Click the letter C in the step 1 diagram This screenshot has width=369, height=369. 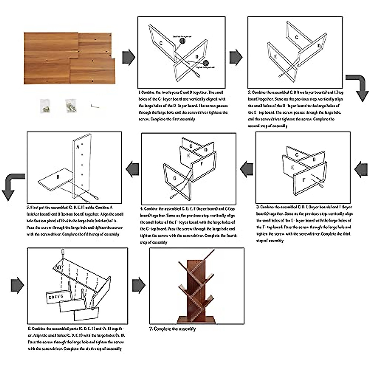click(x=161, y=43)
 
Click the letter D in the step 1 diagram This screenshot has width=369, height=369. click(x=197, y=57)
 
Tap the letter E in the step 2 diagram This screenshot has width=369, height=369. click(x=276, y=57)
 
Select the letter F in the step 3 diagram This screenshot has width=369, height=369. click(x=304, y=180)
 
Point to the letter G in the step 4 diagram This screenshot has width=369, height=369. click(x=175, y=178)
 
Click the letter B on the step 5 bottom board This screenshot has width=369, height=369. click(x=58, y=177)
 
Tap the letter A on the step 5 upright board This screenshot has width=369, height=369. click(x=78, y=147)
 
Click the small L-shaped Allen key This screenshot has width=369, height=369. click(x=95, y=105)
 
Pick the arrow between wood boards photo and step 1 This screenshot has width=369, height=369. click(x=129, y=57)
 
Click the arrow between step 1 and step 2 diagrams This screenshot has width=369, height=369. click(x=236, y=57)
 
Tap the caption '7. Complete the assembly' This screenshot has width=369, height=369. click(x=173, y=329)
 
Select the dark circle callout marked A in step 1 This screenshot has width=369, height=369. click(x=183, y=41)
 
